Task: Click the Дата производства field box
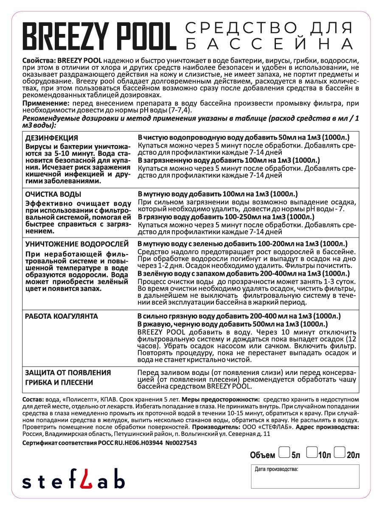point(305,476)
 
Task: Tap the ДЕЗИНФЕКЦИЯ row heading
point(51,138)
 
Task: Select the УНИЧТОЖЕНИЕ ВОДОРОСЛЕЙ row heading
point(76,244)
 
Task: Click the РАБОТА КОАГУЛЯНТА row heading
point(62,316)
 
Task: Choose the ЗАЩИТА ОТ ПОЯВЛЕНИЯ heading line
point(68,372)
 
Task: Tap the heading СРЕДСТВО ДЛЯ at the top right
point(270,29)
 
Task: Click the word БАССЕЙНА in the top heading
point(270,44)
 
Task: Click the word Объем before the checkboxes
point(262,456)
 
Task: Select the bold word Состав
point(32,400)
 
